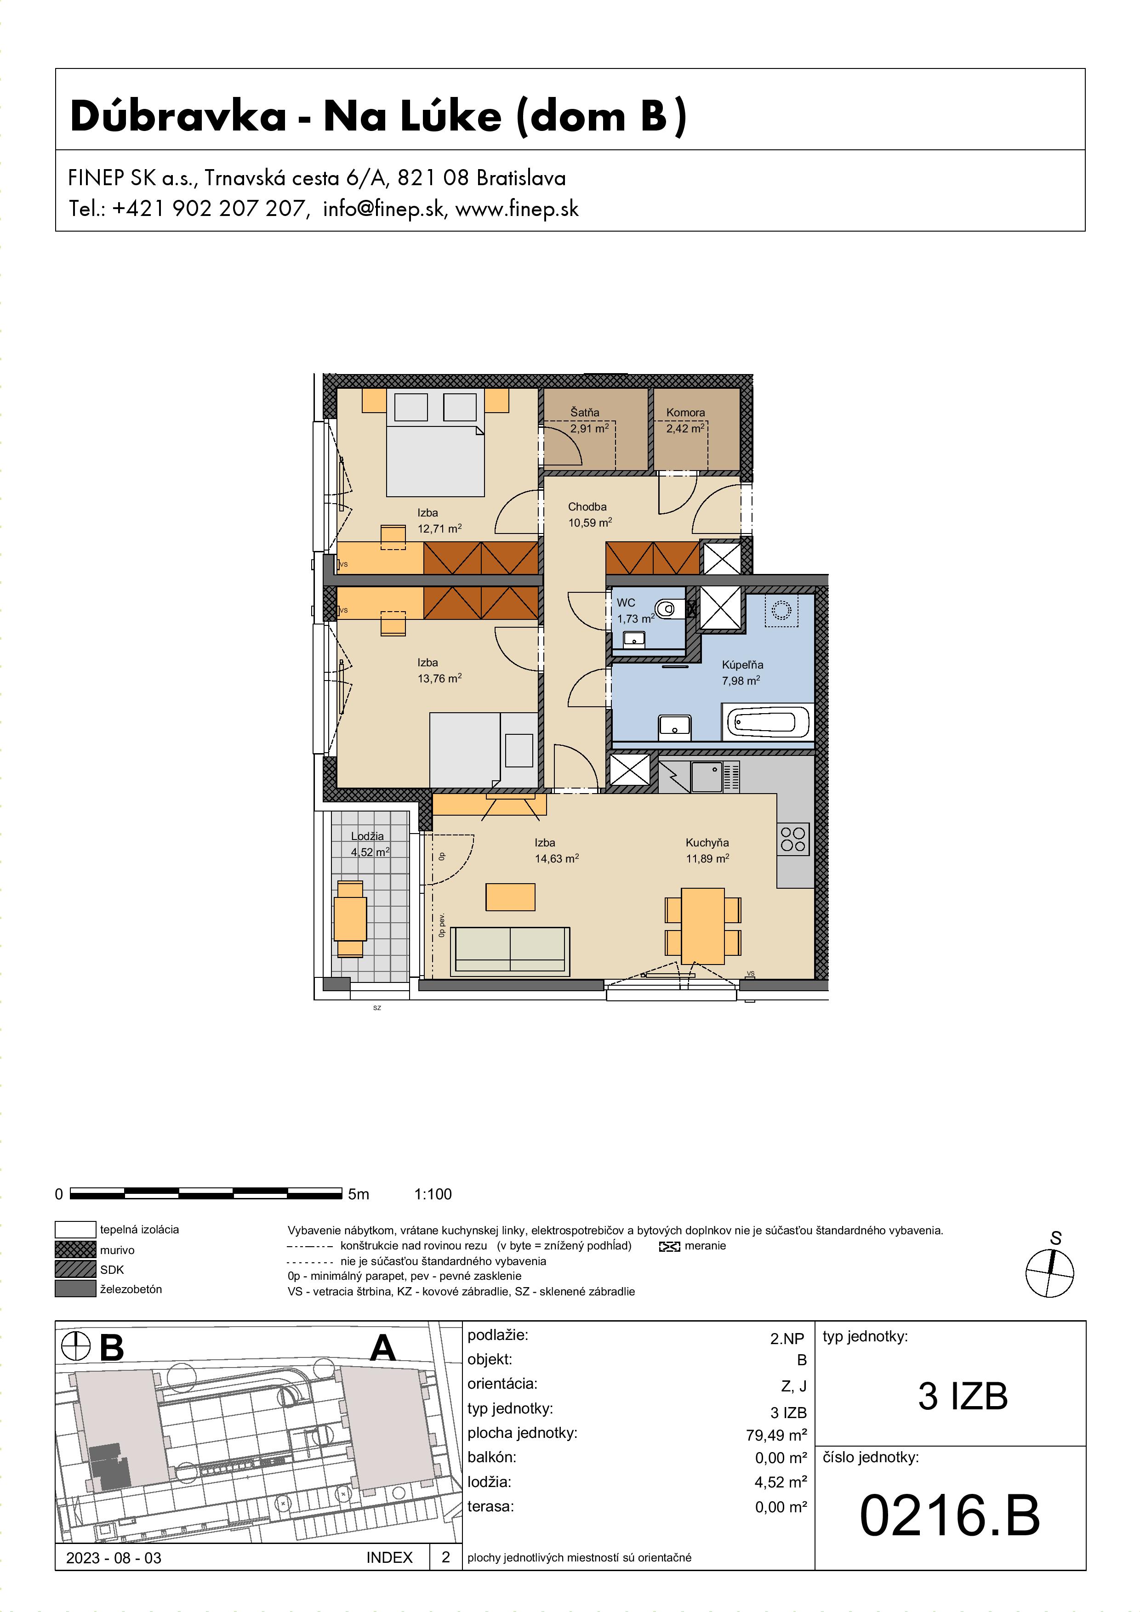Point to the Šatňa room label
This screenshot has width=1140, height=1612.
[584, 412]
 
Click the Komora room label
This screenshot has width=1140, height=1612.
[685, 413]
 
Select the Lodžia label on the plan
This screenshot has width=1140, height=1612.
[367, 836]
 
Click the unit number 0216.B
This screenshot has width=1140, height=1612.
[950, 1515]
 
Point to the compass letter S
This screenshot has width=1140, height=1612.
[1056, 1238]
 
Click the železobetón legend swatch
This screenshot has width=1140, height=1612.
[75, 1288]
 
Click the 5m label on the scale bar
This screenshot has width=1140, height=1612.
[358, 1194]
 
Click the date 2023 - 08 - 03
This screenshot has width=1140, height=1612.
[114, 1557]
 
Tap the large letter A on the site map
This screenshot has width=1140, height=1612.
[383, 1347]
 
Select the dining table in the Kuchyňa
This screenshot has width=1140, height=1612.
[703, 926]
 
